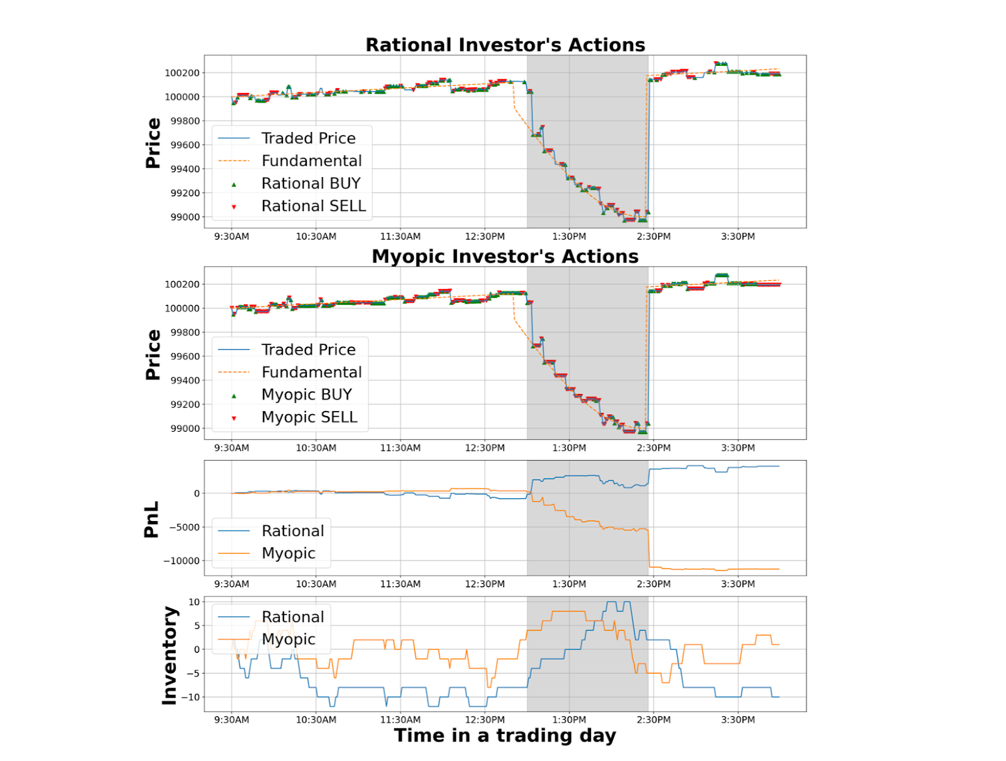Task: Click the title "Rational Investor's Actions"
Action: (x=505, y=45)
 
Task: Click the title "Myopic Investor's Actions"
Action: (x=505, y=256)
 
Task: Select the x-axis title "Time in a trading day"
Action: (x=505, y=735)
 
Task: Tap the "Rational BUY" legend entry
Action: (x=311, y=183)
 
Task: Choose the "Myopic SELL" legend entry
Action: (x=309, y=417)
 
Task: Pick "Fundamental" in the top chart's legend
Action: (x=311, y=161)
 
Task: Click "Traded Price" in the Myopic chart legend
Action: (x=308, y=349)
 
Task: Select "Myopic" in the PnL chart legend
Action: (x=288, y=553)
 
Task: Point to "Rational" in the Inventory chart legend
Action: (x=292, y=617)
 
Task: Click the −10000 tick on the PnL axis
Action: (x=181, y=561)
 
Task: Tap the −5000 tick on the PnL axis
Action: (x=184, y=527)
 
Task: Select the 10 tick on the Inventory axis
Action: (x=194, y=602)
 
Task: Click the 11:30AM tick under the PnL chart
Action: (x=401, y=584)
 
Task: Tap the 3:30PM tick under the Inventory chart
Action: (x=738, y=720)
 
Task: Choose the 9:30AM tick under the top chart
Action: (x=231, y=237)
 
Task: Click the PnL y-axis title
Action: (x=152, y=519)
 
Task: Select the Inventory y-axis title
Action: (x=169, y=655)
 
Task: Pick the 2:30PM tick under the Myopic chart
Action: (x=654, y=448)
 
